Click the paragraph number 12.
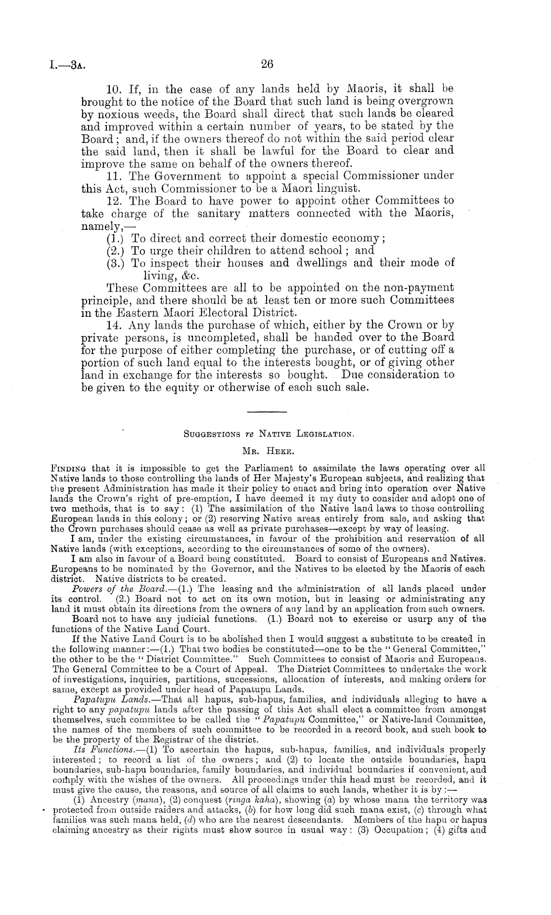pos(115,201)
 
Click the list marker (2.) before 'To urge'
pos(115,250)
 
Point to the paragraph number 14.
pos(115,325)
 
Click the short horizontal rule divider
pos(263,412)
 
